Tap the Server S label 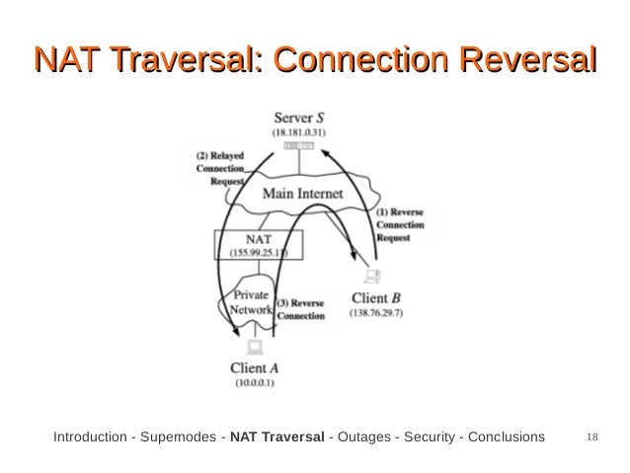[303, 117]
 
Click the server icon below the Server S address [299, 146]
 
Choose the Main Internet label [302, 194]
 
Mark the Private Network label [252, 302]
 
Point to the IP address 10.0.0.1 [255, 381]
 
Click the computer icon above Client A [254, 347]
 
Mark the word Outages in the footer [364, 436]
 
